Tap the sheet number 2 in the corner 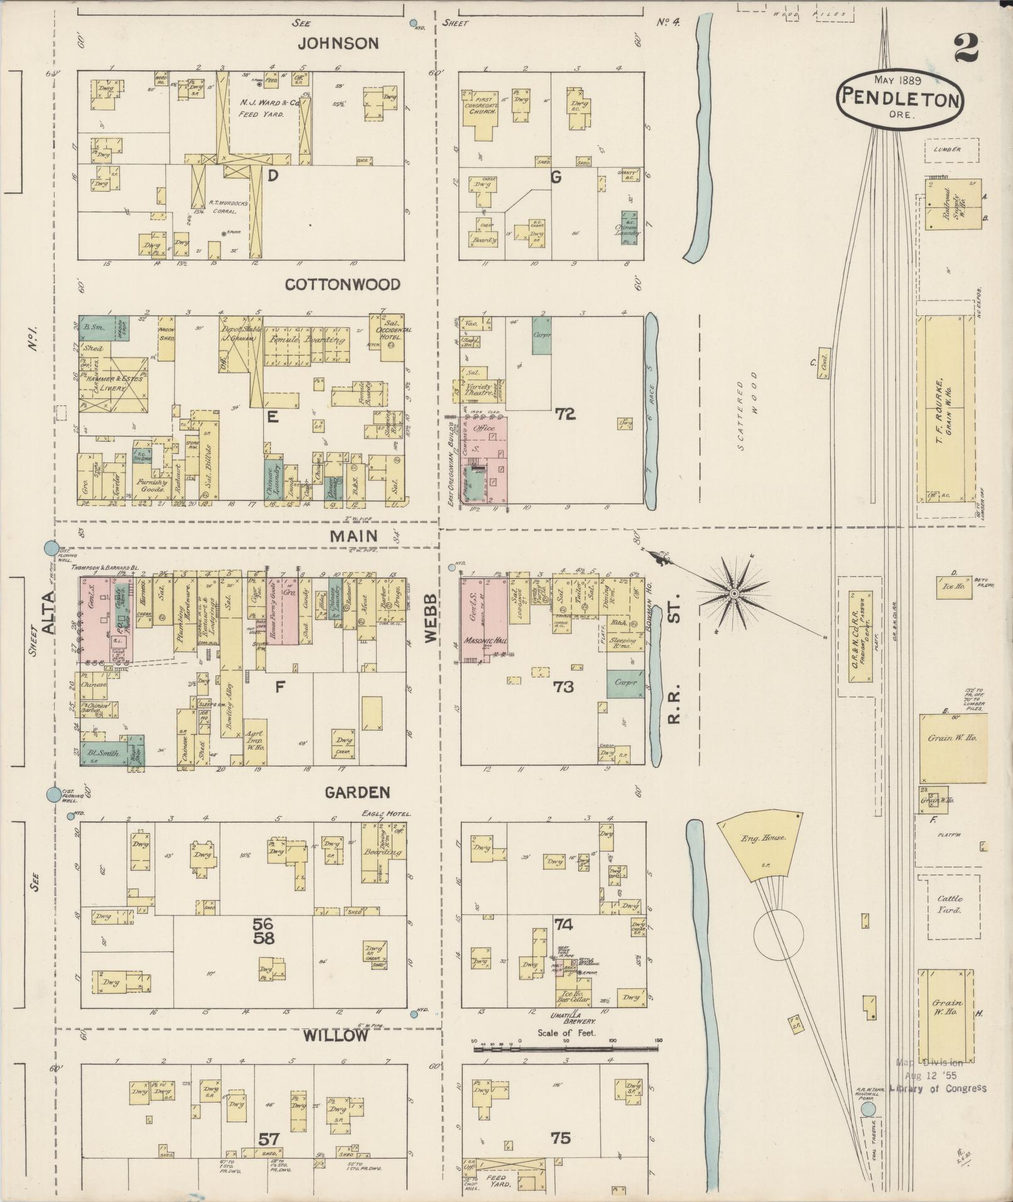[x=965, y=48]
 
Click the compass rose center [x=734, y=593]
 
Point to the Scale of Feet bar [x=568, y=1048]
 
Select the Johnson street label [x=338, y=43]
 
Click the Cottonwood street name [x=342, y=285]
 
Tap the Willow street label [x=337, y=1035]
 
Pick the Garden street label [x=357, y=792]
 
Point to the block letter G [x=555, y=177]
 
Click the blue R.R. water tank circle [x=868, y=1109]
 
